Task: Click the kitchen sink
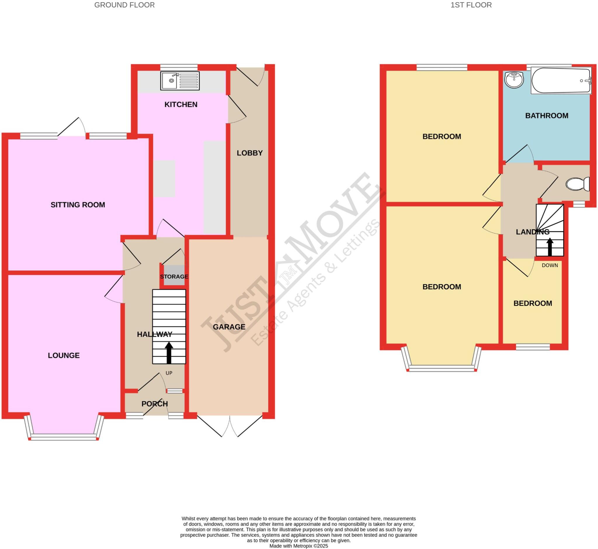[x=180, y=81]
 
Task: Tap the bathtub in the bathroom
[x=561, y=81]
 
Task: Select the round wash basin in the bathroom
[x=514, y=80]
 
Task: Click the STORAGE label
[x=174, y=277]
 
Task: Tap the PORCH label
[x=154, y=404]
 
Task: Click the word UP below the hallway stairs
[x=169, y=373]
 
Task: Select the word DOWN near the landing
[x=550, y=265]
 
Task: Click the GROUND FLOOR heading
[x=124, y=5]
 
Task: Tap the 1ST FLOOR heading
[x=471, y=5]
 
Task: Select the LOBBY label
[x=249, y=153]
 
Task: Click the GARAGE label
[x=229, y=327]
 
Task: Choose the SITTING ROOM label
[x=78, y=205]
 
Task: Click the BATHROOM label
[x=546, y=116]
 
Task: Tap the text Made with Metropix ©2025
[x=298, y=546]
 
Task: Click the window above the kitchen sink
[x=179, y=67]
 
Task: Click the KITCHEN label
[x=181, y=104]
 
